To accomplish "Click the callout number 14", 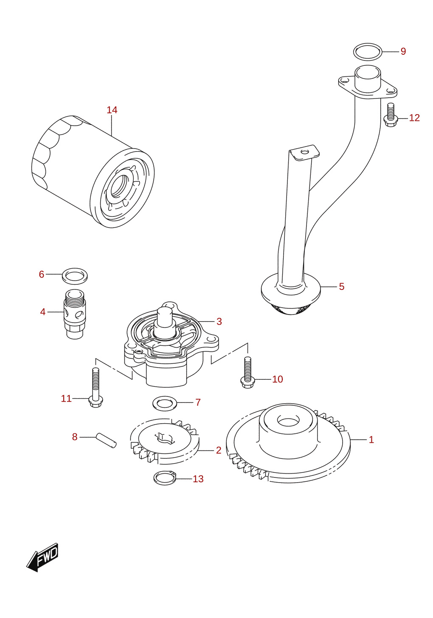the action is pyautogui.click(x=112, y=110).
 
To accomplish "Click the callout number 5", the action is pyautogui.click(x=342, y=287).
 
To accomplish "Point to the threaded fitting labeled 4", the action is pyautogui.click(x=75, y=314).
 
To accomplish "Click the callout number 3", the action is pyautogui.click(x=219, y=321).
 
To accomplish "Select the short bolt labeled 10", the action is pyautogui.click(x=247, y=373).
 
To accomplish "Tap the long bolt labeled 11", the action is pyautogui.click(x=96, y=388).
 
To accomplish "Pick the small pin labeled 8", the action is pyautogui.click(x=106, y=441).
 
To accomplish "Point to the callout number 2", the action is pyautogui.click(x=219, y=450).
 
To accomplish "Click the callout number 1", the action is pyautogui.click(x=371, y=439).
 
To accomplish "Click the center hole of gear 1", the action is pyautogui.click(x=288, y=421).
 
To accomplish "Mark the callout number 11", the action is pyautogui.click(x=66, y=399).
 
